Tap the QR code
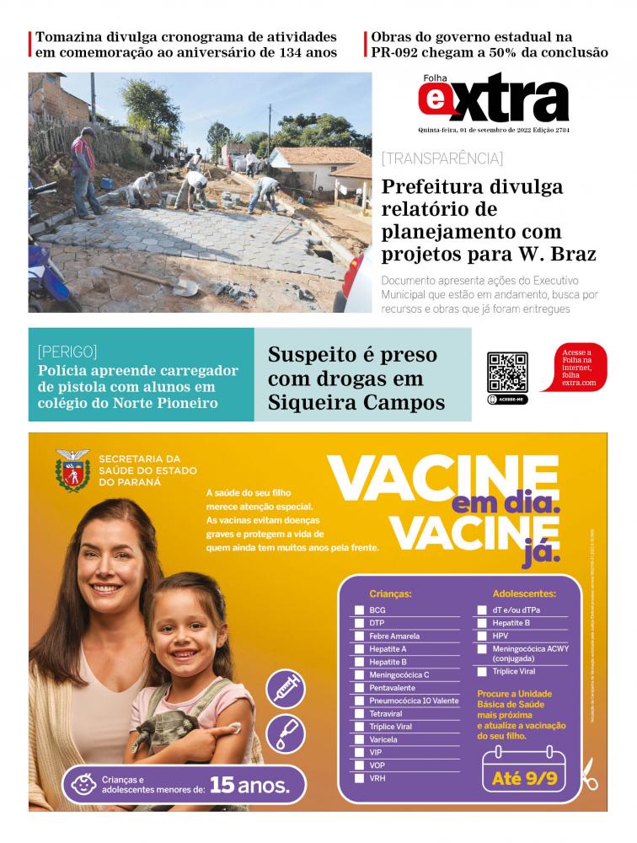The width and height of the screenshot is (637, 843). click(507, 373)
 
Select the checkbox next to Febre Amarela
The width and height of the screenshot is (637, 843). click(359, 636)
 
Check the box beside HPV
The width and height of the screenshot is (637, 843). click(482, 636)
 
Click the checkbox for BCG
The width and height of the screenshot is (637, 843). click(359, 610)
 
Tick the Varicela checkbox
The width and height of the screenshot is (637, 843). click(359, 739)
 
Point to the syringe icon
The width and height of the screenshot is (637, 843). click(285, 689)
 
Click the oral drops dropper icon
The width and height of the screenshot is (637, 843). click(285, 733)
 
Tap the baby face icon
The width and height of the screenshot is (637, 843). click(82, 785)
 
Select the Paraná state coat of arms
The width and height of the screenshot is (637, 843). click(73, 470)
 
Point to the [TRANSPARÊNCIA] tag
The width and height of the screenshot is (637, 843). click(442, 158)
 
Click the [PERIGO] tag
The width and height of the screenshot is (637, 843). click(67, 352)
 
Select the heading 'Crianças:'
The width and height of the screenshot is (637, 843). click(390, 593)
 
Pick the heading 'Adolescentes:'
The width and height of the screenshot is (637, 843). click(524, 593)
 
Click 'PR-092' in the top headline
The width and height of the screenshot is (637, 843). click(396, 52)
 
